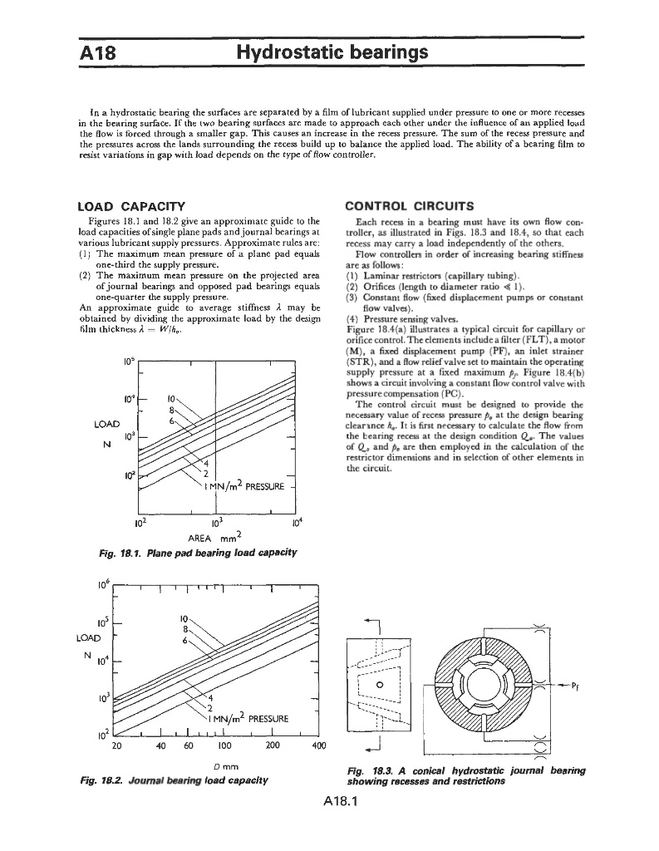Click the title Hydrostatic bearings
332,53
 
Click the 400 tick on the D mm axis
317,745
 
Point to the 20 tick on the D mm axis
117,745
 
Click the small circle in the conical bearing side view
380,685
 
